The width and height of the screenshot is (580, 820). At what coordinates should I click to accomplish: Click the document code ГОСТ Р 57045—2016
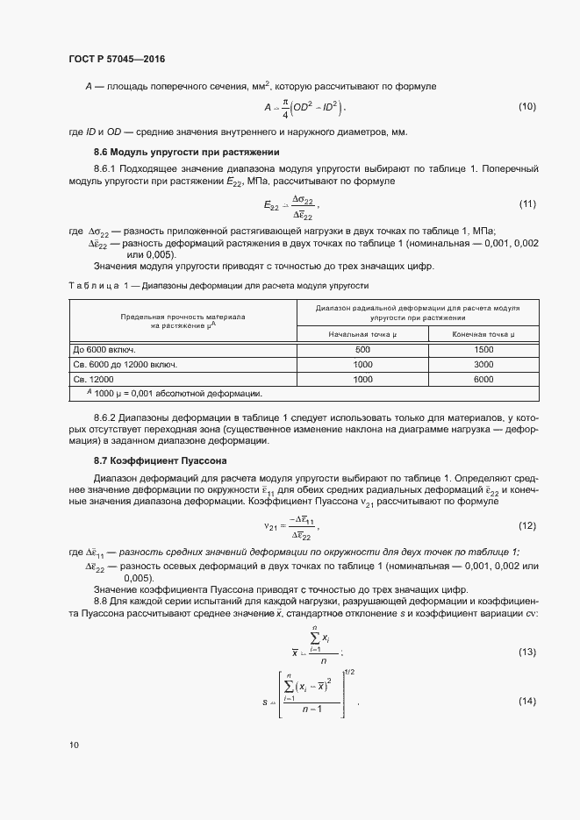[x=117, y=60]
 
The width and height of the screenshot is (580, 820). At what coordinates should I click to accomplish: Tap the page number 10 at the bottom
[x=74, y=745]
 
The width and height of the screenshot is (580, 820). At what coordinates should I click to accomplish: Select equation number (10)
[x=526, y=107]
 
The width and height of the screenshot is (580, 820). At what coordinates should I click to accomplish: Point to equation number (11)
[x=526, y=204]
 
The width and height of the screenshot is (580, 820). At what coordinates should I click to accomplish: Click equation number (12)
[x=526, y=525]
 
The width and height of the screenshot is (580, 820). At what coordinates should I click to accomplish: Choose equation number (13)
[x=526, y=652]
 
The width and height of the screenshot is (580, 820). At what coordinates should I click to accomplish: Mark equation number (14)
[x=526, y=702]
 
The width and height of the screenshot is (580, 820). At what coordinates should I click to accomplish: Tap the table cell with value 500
[x=387, y=349]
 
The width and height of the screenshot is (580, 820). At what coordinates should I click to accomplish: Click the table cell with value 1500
[x=483, y=349]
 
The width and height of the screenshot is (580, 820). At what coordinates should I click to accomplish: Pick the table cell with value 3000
[x=483, y=364]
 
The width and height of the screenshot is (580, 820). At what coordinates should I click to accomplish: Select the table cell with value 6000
[x=483, y=379]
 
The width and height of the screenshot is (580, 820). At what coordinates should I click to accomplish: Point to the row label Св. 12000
[x=92, y=379]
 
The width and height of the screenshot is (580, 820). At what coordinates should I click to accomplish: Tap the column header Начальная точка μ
[x=387, y=334]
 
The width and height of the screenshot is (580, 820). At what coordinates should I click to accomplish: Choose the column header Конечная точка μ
[x=483, y=334]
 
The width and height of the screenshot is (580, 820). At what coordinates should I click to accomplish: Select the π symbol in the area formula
[x=286, y=102]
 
